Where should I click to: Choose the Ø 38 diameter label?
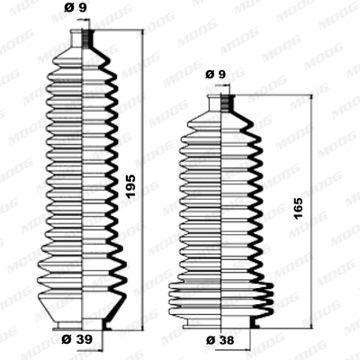point(217,340)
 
